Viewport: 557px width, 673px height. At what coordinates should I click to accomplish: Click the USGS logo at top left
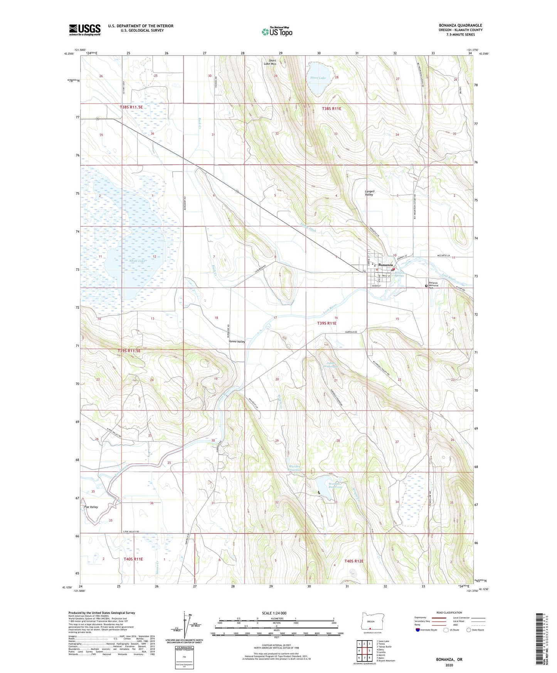click(84, 30)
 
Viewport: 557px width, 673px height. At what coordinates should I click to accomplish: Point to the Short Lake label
click(318, 78)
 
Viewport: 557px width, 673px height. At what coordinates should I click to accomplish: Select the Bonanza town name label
click(385, 265)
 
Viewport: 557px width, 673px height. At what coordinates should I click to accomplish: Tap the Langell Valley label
click(369, 193)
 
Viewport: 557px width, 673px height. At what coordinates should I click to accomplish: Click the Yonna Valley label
click(237, 342)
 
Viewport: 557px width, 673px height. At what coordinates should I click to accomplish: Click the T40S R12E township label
click(354, 561)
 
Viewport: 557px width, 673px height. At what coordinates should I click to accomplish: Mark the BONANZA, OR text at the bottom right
click(449, 660)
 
